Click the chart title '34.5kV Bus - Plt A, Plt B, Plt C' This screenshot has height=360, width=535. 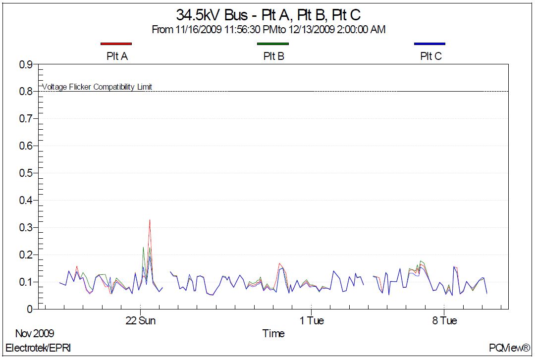(x=268, y=14)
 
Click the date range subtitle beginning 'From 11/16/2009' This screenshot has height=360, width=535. (x=268, y=30)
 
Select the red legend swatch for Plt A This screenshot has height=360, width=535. (x=116, y=44)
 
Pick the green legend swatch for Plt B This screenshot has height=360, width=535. (x=273, y=44)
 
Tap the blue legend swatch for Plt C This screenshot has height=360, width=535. (x=430, y=44)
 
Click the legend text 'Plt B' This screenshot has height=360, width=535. (x=273, y=56)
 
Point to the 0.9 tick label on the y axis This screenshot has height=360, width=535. (x=26, y=64)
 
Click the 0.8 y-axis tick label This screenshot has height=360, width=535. (x=26, y=92)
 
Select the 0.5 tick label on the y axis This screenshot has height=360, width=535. (x=26, y=173)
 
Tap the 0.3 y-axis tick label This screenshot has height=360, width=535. (x=26, y=228)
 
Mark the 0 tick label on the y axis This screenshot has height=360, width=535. (x=29, y=309)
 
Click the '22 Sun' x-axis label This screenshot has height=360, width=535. (x=141, y=321)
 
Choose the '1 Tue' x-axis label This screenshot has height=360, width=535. (x=312, y=321)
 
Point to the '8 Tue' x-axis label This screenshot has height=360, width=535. (x=444, y=321)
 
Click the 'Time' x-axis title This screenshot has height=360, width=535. (x=273, y=334)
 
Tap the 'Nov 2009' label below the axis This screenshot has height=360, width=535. (x=35, y=333)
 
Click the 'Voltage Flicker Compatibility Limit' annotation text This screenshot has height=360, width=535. (x=97, y=87)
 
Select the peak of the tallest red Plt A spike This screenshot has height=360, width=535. (x=150, y=220)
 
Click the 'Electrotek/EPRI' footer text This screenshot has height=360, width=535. (x=38, y=348)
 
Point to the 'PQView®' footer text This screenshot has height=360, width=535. (x=510, y=348)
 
